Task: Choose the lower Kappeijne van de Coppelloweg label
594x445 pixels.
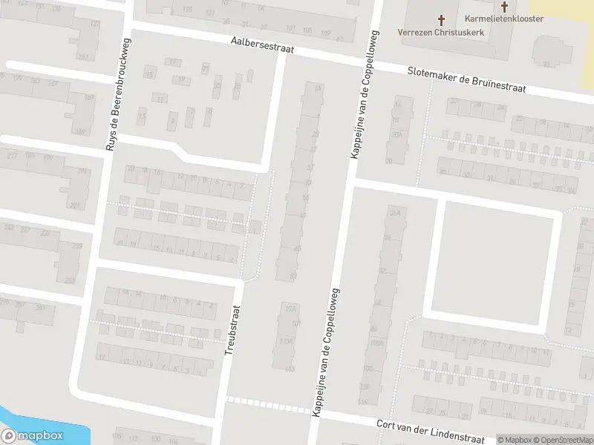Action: [324, 352]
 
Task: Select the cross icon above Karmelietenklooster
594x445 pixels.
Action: [505, 7]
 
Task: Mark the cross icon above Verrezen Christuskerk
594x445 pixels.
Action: [441, 20]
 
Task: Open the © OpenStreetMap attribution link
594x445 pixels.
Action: [562, 440]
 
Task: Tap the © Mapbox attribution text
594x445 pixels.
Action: [514, 440]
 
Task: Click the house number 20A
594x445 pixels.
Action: [397, 135]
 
